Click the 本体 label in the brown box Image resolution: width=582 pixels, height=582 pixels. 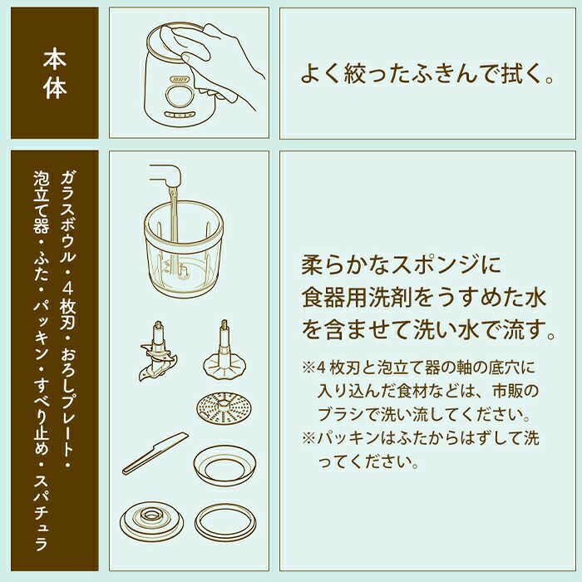click(55, 74)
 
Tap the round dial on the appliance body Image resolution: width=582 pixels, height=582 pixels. click(180, 96)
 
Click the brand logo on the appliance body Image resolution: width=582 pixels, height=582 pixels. click(180, 80)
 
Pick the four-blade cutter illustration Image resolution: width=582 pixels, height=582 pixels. click(158, 351)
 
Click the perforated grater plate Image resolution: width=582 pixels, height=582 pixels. click(224, 408)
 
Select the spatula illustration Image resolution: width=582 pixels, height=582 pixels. click(155, 453)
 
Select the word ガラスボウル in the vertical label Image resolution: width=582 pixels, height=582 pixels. click(67, 216)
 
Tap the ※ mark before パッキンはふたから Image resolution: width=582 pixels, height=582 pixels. click(308, 438)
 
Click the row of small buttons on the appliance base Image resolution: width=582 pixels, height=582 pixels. click(180, 115)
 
